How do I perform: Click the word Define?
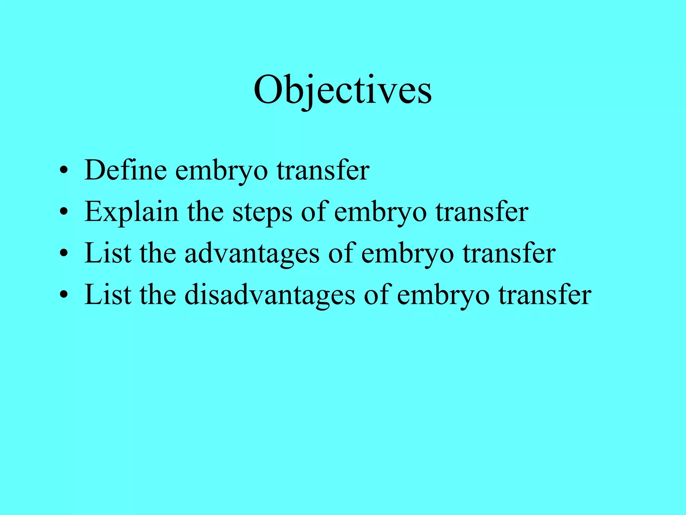tap(125, 170)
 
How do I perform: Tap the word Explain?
tap(131, 212)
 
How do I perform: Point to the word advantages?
tap(252, 254)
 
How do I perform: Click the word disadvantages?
tap(270, 295)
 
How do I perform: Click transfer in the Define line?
tap(323, 170)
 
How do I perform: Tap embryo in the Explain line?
tap(380, 213)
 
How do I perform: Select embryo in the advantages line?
tap(407, 254)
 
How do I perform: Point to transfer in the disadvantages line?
tap(545, 295)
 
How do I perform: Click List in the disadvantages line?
tap(108, 295)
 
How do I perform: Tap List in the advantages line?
tap(108, 254)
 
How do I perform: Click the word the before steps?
tap(205, 212)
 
